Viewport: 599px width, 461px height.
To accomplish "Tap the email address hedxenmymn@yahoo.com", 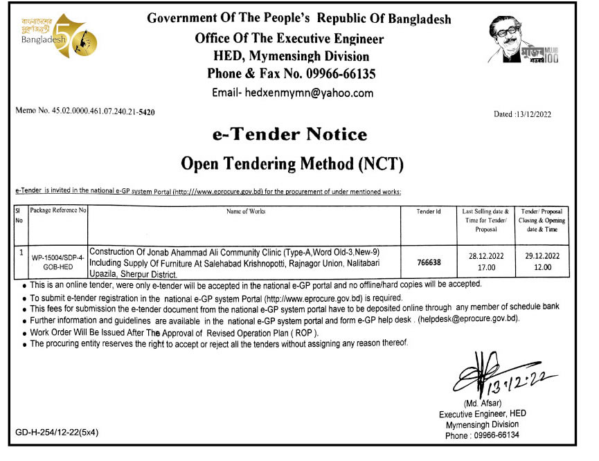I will (292, 93).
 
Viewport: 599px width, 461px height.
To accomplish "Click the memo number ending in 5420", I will (84, 111).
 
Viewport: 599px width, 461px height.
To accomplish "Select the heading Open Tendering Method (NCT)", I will (292, 163).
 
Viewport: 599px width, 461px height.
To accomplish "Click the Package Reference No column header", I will (58, 210).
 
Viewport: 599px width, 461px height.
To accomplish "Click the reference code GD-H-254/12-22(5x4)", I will (57, 433).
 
